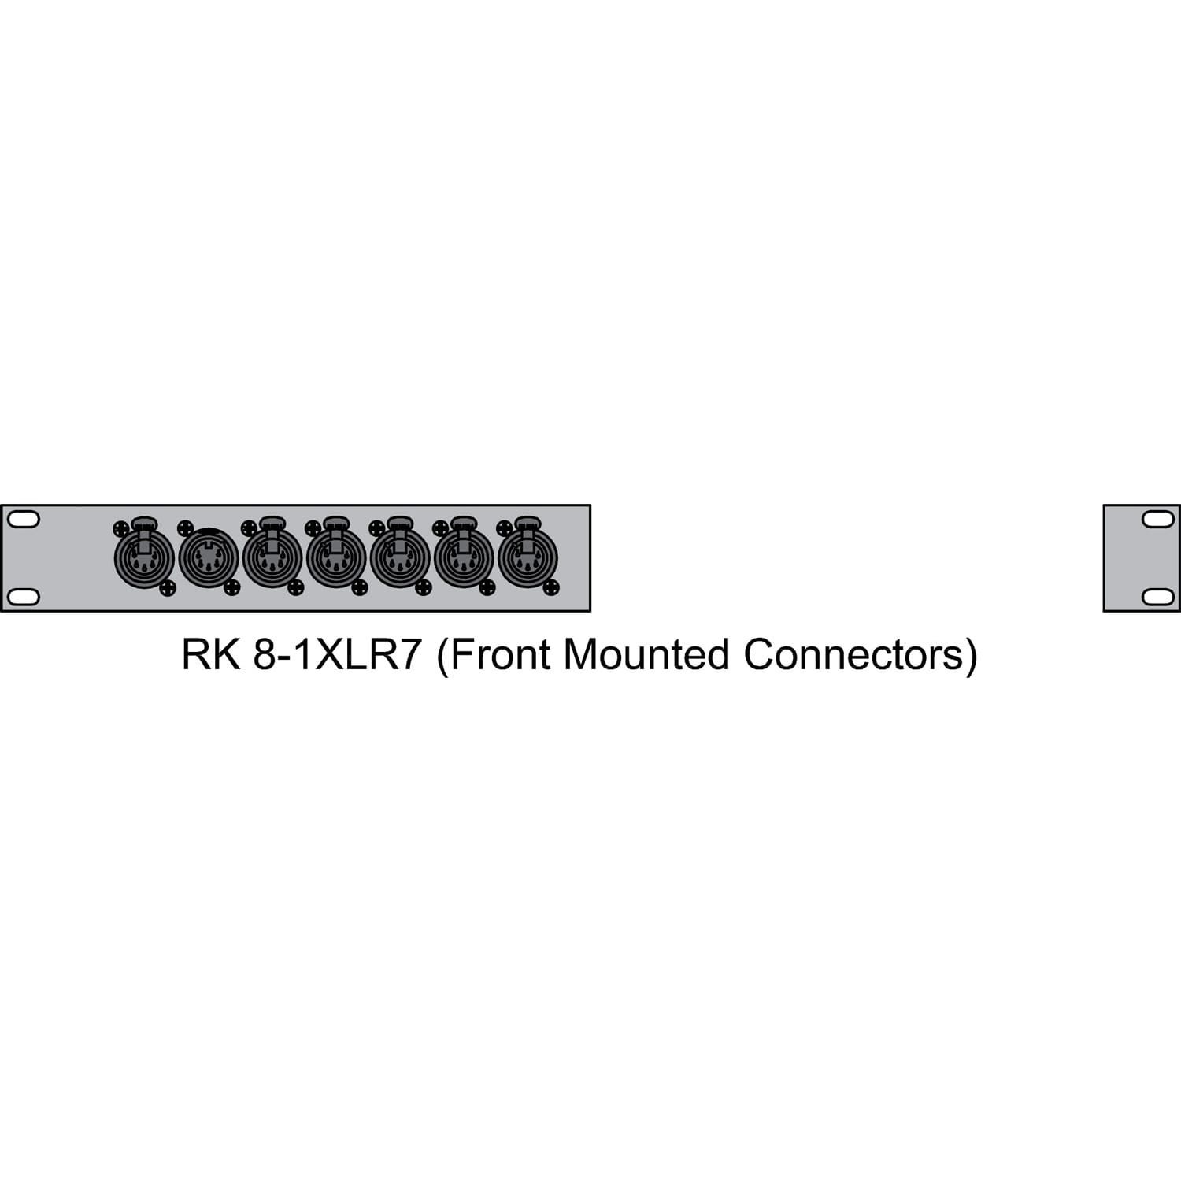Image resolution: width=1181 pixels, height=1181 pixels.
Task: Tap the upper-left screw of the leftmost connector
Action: point(120,528)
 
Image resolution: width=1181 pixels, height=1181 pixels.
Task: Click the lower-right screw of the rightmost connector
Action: point(551,587)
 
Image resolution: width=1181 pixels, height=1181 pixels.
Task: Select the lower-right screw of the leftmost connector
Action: point(168,587)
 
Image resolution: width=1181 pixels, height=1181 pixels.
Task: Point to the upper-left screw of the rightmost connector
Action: point(504,528)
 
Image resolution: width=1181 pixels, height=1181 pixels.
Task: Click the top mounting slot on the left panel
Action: point(22,520)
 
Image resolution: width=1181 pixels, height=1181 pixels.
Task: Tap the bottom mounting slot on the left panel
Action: point(22,596)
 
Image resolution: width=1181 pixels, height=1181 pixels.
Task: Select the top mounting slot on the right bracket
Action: point(1157,520)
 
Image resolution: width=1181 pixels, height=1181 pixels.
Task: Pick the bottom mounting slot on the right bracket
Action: point(1157,596)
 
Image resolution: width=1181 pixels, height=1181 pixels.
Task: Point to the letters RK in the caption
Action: point(210,655)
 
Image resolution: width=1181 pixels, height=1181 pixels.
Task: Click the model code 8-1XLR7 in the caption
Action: point(338,655)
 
